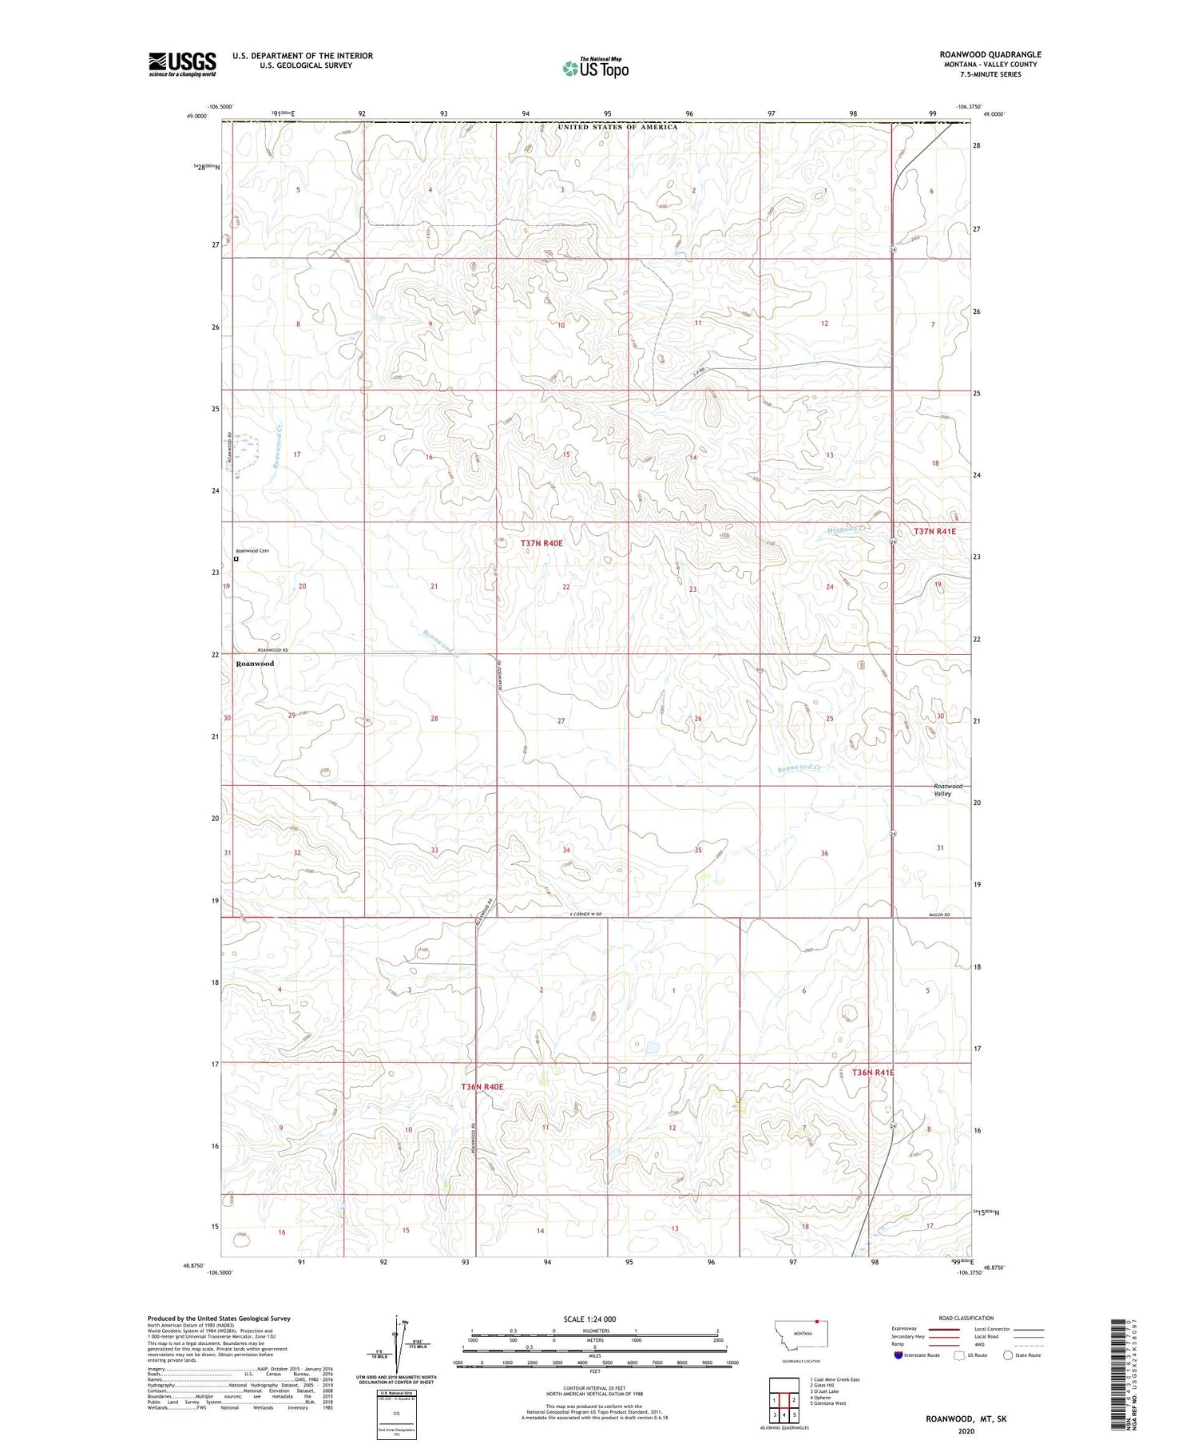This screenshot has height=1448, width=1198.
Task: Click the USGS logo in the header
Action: pos(182,64)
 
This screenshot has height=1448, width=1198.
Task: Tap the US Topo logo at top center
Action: pos(595,69)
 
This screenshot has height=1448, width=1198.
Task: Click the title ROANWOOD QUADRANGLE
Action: pos(990,55)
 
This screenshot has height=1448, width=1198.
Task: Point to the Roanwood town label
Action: pos(255,664)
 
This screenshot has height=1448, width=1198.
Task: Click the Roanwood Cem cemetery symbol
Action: pos(236,560)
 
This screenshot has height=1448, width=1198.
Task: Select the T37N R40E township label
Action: pos(541,543)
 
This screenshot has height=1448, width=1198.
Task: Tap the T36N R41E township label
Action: pos(872,1073)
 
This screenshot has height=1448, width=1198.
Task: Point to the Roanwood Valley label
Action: pos(948,790)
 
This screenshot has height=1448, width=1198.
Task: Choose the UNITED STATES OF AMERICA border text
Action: pos(617,127)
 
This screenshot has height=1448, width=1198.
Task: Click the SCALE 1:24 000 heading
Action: pos(589,1319)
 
